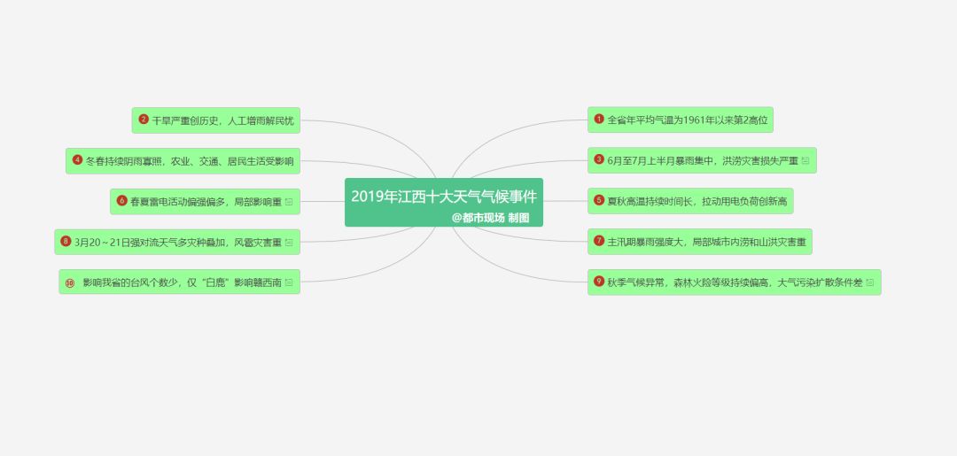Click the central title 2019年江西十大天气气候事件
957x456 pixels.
(x=444, y=197)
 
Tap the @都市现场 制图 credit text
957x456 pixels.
(x=490, y=218)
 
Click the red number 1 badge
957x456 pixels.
(x=599, y=119)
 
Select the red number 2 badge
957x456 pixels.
(x=144, y=120)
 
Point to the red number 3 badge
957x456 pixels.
(x=599, y=159)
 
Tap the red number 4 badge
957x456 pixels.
(x=77, y=160)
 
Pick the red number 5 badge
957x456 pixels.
(x=599, y=200)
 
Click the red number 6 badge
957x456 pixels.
(x=121, y=201)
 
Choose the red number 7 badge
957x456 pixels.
(x=599, y=241)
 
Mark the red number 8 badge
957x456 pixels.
(x=66, y=242)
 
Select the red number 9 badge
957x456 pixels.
(x=599, y=281)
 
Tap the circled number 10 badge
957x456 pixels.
(x=70, y=282)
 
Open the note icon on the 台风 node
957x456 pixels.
(x=289, y=282)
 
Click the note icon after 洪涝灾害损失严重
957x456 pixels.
(x=805, y=160)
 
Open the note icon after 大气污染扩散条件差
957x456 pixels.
(x=870, y=282)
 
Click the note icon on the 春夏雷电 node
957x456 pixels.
(x=289, y=201)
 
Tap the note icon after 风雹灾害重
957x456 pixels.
(x=289, y=242)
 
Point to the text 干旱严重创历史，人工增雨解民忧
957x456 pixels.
(x=222, y=120)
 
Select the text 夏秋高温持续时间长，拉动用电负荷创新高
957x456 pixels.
(x=697, y=201)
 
